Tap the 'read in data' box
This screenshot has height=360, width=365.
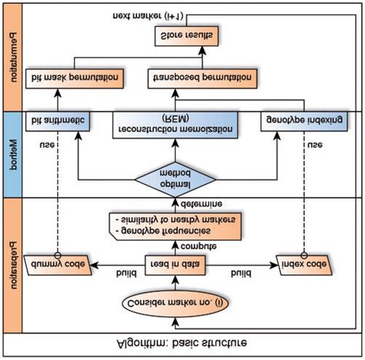[176, 265]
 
